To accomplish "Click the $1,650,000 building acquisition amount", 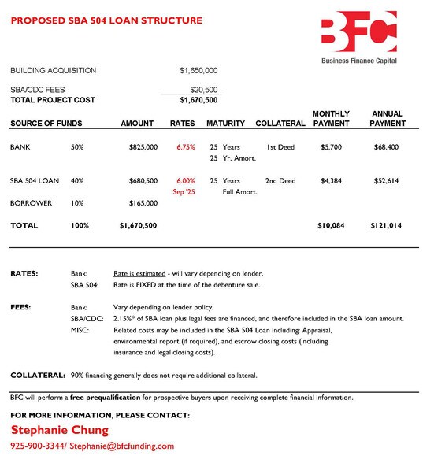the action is pyautogui.click(x=198, y=71).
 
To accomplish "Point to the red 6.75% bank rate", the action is pyautogui.click(x=186, y=147).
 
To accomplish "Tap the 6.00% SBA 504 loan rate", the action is pyautogui.click(x=186, y=181).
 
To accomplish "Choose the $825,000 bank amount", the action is pyautogui.click(x=143, y=147).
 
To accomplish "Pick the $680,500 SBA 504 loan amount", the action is pyautogui.click(x=143, y=181).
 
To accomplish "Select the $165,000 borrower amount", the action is pyautogui.click(x=143, y=202).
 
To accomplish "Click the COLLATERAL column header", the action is pyautogui.click(x=280, y=124).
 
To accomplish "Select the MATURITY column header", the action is pyautogui.click(x=225, y=124).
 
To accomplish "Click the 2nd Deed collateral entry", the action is pyautogui.click(x=280, y=181).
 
